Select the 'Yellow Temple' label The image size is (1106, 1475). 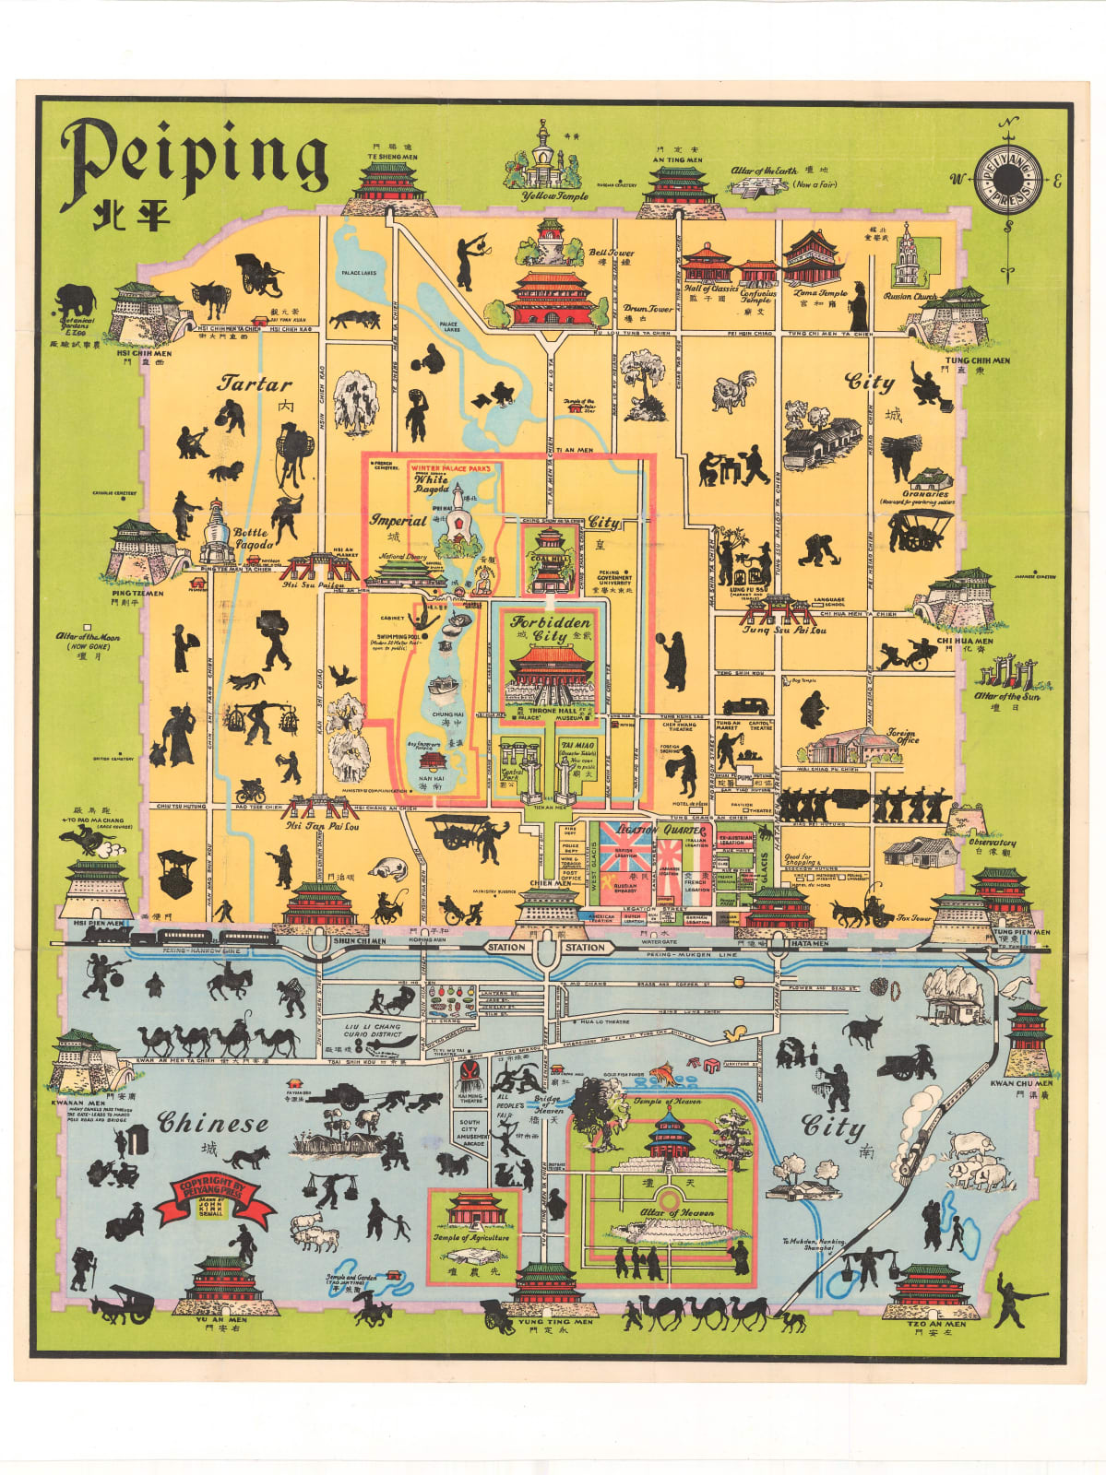tap(554, 196)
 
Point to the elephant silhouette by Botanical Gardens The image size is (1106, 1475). tap(75, 300)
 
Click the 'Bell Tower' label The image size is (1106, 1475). tap(612, 253)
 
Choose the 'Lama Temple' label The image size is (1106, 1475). tap(820, 293)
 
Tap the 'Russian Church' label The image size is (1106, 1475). tap(910, 297)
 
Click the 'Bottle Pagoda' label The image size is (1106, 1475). tap(251, 538)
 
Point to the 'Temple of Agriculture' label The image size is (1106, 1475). tap(470, 1237)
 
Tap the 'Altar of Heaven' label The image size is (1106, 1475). tap(677, 1213)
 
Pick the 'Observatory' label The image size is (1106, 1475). tap(993, 843)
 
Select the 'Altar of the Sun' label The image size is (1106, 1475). tap(1007, 697)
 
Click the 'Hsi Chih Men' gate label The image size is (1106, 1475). tap(144, 352)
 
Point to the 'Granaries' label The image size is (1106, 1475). tap(925, 494)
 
